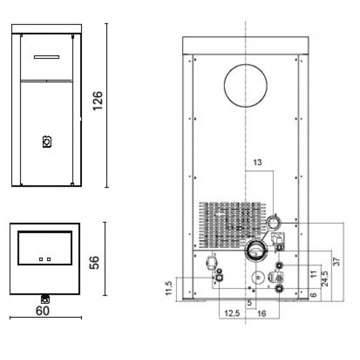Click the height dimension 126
click(x=98, y=101)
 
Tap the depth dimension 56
click(x=94, y=262)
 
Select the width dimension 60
click(x=42, y=311)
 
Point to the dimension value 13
click(x=257, y=162)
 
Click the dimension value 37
click(x=336, y=261)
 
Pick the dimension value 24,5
click(x=324, y=279)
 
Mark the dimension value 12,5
click(x=232, y=313)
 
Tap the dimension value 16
click(x=261, y=313)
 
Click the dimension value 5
click(x=250, y=302)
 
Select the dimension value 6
click(x=314, y=295)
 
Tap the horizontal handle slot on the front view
click(x=47, y=57)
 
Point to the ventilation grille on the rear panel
click(x=232, y=225)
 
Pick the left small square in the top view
click(x=41, y=259)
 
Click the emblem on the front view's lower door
click(x=47, y=142)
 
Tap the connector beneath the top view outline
click(x=45, y=299)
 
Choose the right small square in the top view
click(x=49, y=259)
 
